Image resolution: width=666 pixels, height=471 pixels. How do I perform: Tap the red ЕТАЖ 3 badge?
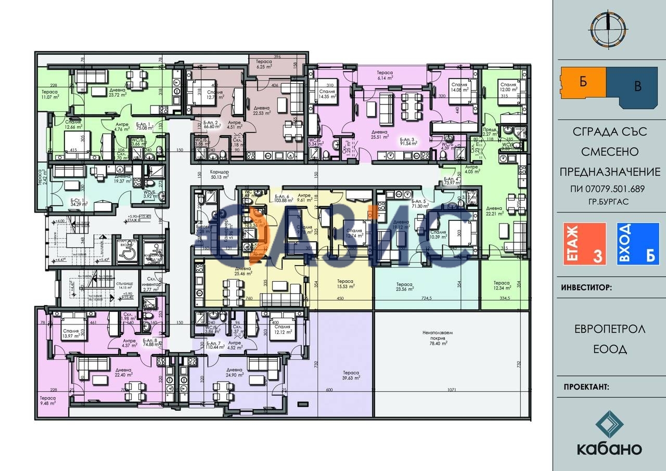[585, 244]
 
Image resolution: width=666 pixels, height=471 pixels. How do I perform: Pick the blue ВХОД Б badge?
[638, 244]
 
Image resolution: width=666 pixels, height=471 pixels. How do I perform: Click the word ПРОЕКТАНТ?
[586, 387]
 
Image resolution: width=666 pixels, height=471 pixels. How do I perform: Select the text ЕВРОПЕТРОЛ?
[610, 329]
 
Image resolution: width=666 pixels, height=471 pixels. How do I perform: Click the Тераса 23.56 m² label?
[405, 287]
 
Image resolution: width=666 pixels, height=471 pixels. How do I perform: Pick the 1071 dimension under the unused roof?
[451, 389]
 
